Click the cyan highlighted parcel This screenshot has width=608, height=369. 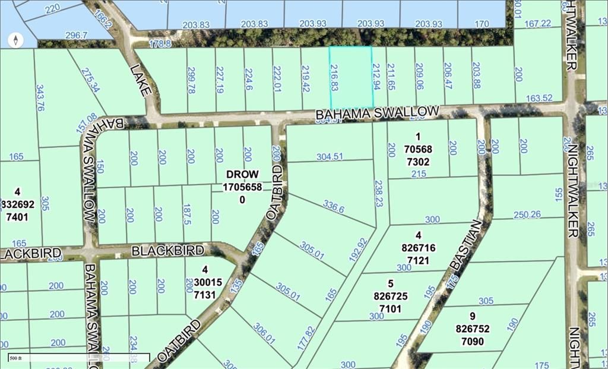351,77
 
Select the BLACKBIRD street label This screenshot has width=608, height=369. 168,251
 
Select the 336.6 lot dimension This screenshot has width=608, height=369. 334,207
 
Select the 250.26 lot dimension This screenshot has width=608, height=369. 527,215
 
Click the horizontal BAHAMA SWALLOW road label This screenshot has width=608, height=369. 377,112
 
